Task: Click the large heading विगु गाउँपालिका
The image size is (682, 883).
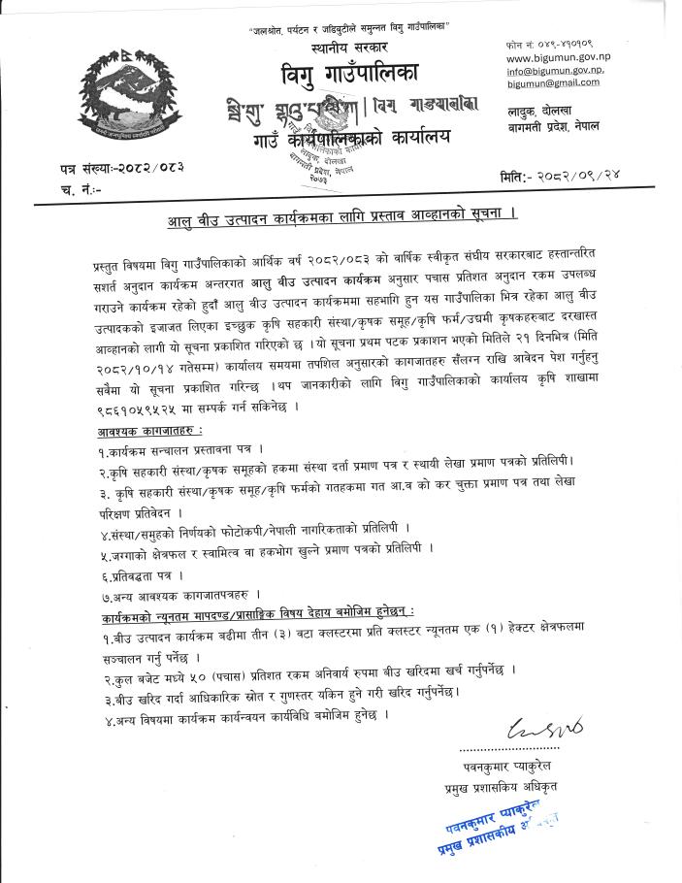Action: point(351,73)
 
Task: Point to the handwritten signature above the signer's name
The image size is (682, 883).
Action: point(531,727)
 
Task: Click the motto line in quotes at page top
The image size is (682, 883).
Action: point(352,21)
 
